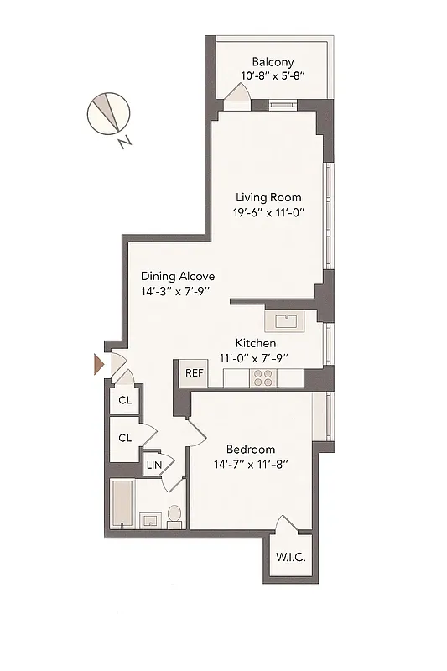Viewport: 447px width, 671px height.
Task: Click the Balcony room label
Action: pyautogui.click(x=273, y=61)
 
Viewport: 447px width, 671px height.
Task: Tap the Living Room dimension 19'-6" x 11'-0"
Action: pyautogui.click(x=268, y=212)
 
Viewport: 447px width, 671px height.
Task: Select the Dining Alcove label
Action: pyautogui.click(x=178, y=276)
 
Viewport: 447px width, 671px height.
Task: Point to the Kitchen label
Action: pyautogui.click(x=256, y=343)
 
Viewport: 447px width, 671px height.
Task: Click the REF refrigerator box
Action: pyautogui.click(x=194, y=373)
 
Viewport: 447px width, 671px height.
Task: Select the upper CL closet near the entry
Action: pyautogui.click(x=125, y=400)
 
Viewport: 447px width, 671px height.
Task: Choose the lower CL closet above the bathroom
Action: pyautogui.click(x=125, y=438)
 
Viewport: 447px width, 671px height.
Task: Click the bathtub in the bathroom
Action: pyautogui.click(x=123, y=504)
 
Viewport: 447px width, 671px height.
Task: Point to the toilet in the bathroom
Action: pyautogui.click(x=175, y=514)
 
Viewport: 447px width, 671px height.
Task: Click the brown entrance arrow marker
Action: pyautogui.click(x=98, y=365)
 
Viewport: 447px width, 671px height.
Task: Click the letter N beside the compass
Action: pyautogui.click(x=124, y=143)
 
